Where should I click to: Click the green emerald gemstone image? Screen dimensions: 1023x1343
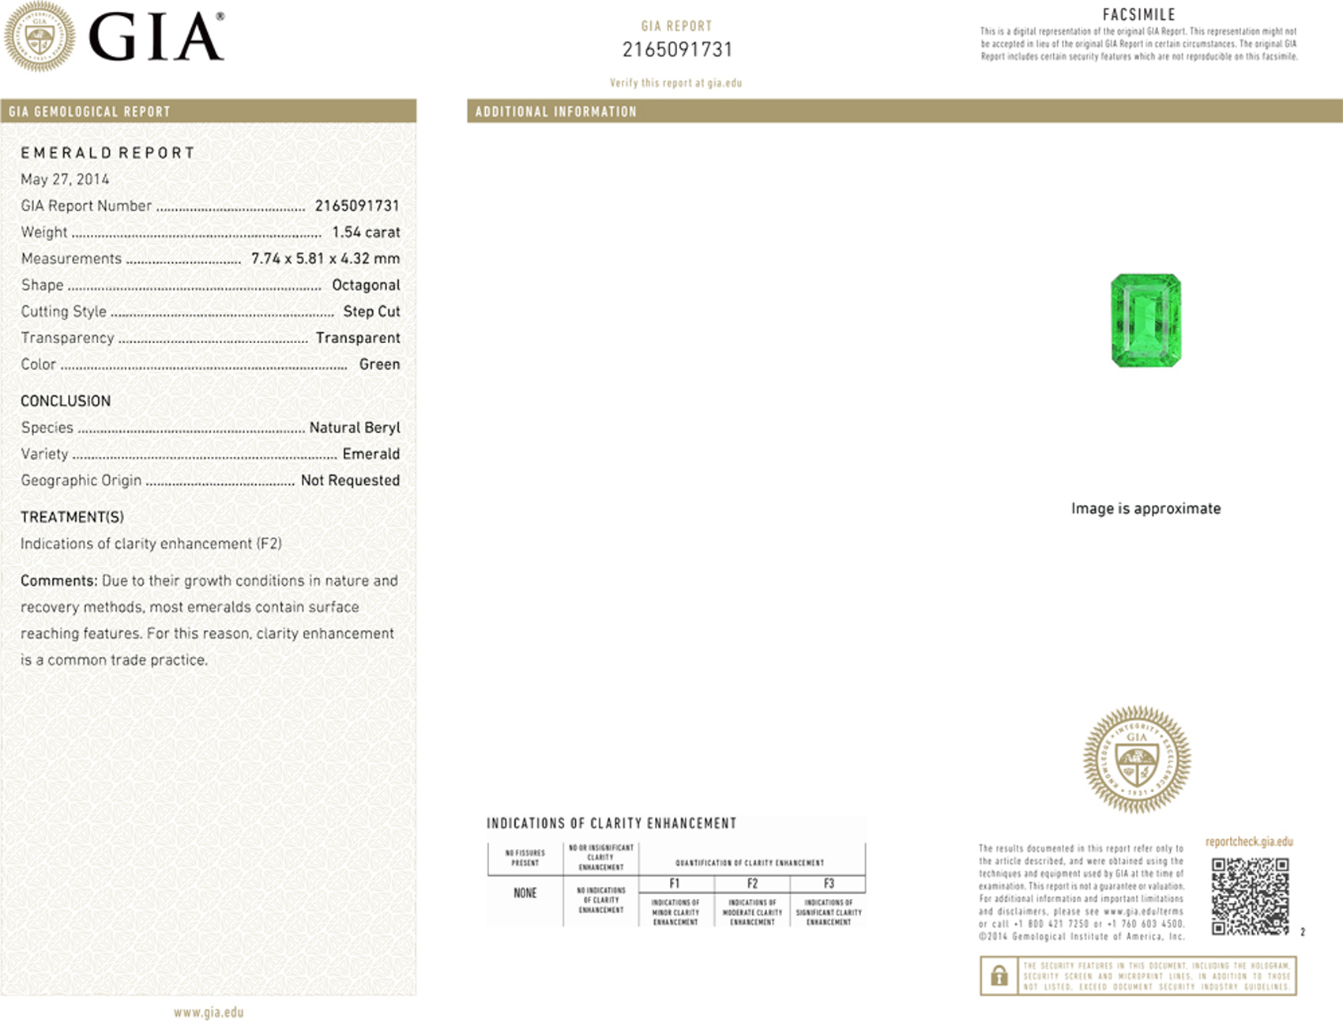pyautogui.click(x=1145, y=320)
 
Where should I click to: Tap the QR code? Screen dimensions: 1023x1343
pyautogui.click(x=1250, y=896)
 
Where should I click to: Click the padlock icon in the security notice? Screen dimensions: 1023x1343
pyautogui.click(x=999, y=976)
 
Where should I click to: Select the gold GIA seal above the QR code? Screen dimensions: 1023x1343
pyautogui.click(x=1136, y=760)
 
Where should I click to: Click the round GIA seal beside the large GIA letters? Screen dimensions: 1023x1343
pyautogui.click(x=39, y=36)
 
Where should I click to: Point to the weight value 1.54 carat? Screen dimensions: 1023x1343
pyautogui.click(x=366, y=232)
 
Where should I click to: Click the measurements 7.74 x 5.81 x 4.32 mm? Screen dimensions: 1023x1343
pyautogui.click(x=325, y=259)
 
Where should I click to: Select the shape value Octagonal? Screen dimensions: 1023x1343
pyautogui.click(x=366, y=285)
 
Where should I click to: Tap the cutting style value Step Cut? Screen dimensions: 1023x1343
pyautogui.click(x=371, y=311)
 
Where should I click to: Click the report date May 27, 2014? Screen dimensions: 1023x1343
pyautogui.click(x=65, y=179)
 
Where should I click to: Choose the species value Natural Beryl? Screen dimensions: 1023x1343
pyautogui.click(x=355, y=428)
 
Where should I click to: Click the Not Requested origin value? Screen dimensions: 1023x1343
pyautogui.click(x=350, y=481)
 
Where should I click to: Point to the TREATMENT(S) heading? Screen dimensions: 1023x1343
pyautogui.click(x=72, y=517)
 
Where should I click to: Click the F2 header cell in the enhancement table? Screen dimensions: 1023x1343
pyautogui.click(x=752, y=884)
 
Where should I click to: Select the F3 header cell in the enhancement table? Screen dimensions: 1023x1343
pyautogui.click(x=829, y=884)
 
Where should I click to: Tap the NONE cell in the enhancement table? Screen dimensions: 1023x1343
pyautogui.click(x=525, y=893)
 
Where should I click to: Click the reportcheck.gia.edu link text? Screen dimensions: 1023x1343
pyautogui.click(x=1249, y=842)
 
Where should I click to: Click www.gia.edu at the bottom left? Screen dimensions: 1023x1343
pyautogui.click(x=209, y=1012)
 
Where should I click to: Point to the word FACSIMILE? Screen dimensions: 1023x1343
pyautogui.click(x=1138, y=14)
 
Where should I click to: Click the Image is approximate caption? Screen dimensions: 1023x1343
pyautogui.click(x=1145, y=508)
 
